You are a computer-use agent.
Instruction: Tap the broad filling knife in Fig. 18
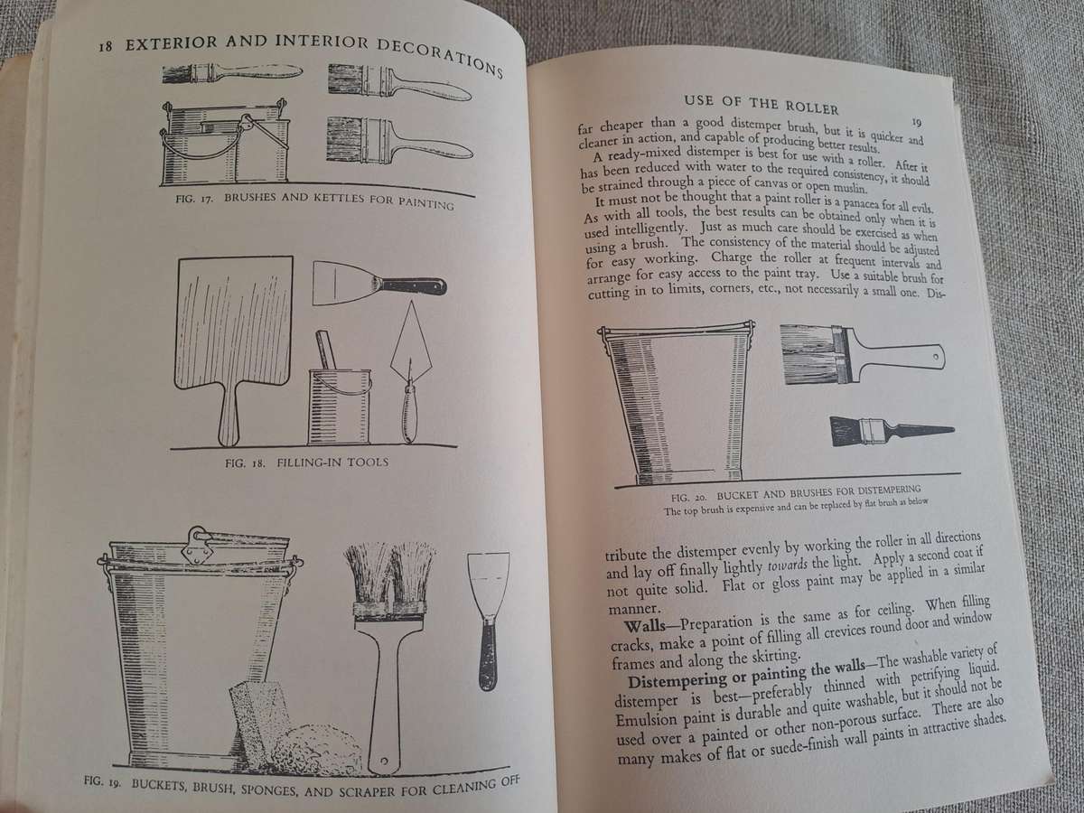378,285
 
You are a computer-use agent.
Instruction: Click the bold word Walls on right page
640,628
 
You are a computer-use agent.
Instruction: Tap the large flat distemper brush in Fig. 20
858,354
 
